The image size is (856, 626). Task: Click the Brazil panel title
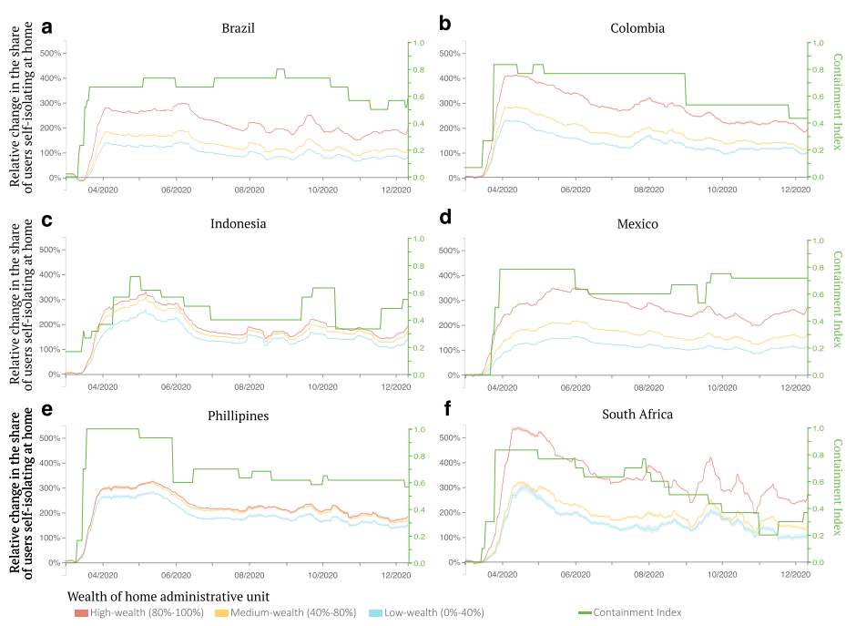(238, 28)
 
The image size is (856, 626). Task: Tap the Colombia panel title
(637, 28)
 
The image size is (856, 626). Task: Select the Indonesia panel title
(238, 223)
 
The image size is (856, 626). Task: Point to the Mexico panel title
(637, 224)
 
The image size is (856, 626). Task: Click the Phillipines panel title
(238, 416)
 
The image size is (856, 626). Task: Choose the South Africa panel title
(637, 414)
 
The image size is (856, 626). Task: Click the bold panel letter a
(47, 27)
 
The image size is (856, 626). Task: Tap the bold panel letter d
(445, 218)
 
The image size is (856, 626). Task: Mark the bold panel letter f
(447, 408)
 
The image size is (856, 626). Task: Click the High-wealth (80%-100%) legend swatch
(81, 613)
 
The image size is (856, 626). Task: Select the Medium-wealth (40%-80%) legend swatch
(221, 613)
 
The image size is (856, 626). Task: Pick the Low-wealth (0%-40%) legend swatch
(375, 613)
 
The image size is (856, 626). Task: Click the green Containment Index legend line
(586, 613)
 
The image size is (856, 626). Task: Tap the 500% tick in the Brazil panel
(50, 54)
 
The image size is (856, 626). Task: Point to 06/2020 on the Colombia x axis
(576, 190)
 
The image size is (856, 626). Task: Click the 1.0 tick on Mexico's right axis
(818, 241)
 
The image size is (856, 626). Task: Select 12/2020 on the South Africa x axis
(795, 575)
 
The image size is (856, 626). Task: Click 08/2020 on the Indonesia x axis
(250, 387)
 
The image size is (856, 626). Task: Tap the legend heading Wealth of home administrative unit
(168, 597)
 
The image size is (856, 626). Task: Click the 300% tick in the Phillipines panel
(50, 488)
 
